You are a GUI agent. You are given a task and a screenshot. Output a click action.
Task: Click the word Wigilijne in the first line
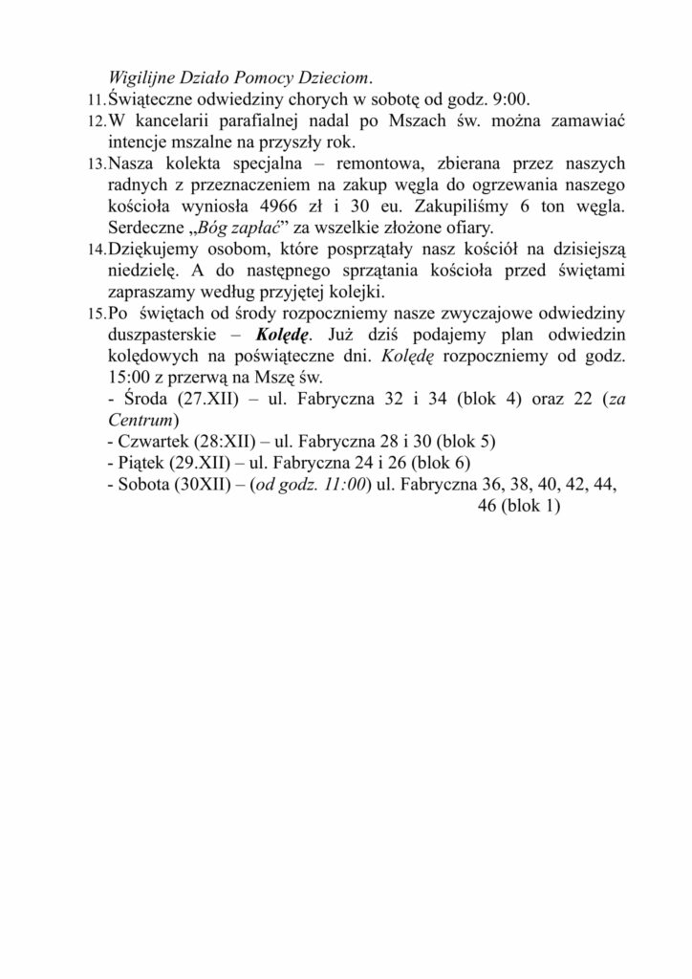pyautogui.click(x=144, y=78)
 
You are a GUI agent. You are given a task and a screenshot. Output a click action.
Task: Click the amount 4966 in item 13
pyautogui.click(x=286, y=206)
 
